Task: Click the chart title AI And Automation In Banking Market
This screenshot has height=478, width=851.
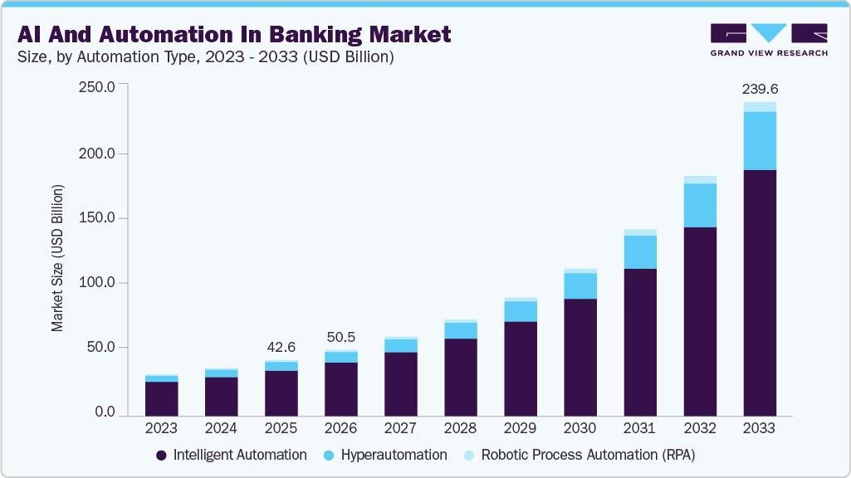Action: [x=234, y=34]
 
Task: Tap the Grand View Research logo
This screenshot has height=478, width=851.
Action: [x=769, y=39]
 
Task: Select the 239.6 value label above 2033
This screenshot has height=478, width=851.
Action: [x=759, y=89]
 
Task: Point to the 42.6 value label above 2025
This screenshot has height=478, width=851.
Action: [x=281, y=347]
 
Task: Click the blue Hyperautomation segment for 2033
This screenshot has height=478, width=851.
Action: [x=759, y=140]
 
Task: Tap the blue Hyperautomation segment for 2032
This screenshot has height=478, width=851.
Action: [x=699, y=205]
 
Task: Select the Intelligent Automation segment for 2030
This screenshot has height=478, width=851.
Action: [x=580, y=357]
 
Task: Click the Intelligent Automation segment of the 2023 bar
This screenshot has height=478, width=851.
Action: [x=161, y=398]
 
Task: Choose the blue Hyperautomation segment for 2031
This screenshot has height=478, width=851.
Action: [x=639, y=251]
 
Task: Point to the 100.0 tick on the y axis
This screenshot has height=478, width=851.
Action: [x=96, y=283]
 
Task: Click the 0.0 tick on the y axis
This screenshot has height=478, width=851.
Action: [x=105, y=412]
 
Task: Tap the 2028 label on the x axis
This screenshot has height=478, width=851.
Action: [x=460, y=429]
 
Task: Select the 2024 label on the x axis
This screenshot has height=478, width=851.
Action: [x=221, y=429]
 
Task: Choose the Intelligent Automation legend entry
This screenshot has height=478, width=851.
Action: [x=232, y=455]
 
